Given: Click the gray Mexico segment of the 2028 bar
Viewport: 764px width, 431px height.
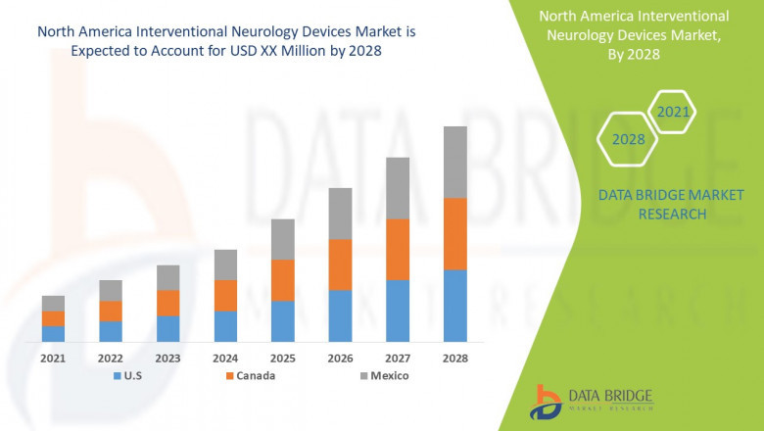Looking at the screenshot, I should coord(455,162).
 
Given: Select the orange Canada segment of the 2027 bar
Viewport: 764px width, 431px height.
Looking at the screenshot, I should coord(398,249).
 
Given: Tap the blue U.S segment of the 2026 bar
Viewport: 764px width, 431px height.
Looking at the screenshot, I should coord(340,315).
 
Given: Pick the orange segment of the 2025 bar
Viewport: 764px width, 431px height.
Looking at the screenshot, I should coord(283,280).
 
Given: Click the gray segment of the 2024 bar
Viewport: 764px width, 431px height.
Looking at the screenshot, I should coord(225,264).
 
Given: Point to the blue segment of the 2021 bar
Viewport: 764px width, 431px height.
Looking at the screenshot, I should coord(53,333).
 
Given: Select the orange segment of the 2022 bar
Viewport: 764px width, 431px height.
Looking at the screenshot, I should coord(111,311).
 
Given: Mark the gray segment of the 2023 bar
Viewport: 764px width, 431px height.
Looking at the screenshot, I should coord(168,277).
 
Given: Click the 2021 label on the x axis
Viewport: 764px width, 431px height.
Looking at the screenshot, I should coord(53,359).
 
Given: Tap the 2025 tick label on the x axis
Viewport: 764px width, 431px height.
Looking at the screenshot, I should coord(283,359).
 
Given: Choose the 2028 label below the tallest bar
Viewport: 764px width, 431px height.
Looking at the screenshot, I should coord(455,359).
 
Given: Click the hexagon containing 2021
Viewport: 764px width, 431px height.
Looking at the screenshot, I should coord(673,113).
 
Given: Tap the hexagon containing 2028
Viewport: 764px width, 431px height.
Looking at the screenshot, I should coord(628,139).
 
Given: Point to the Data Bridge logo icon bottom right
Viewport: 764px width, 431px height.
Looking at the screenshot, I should coord(545,401).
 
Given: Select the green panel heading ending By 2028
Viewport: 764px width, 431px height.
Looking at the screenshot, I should coord(648,35).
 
